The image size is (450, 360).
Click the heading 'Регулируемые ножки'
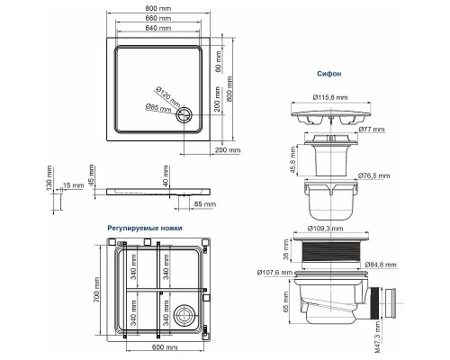click(x=144, y=229)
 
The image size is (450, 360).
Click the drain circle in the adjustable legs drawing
click(x=186, y=315)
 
